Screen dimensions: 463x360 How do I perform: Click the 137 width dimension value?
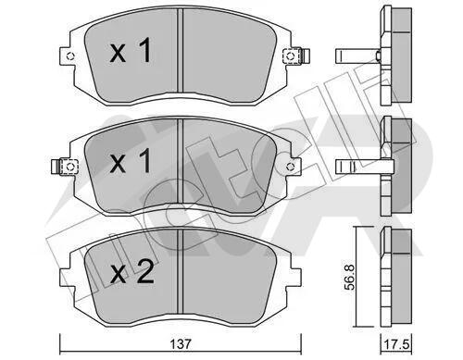tap(181, 343)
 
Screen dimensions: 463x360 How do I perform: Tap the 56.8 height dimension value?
tap(350, 277)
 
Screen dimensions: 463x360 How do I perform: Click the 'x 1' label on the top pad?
tap(131, 50)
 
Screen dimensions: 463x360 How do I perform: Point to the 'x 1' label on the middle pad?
tap(131, 160)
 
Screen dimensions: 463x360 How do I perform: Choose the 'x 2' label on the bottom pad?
tap(132, 271)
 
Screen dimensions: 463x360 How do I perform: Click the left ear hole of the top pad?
tap(71, 56)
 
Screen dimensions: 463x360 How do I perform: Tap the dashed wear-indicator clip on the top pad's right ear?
tap(292, 56)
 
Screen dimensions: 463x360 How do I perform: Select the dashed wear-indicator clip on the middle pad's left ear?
tap(69, 167)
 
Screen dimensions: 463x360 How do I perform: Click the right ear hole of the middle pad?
tap(290, 167)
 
